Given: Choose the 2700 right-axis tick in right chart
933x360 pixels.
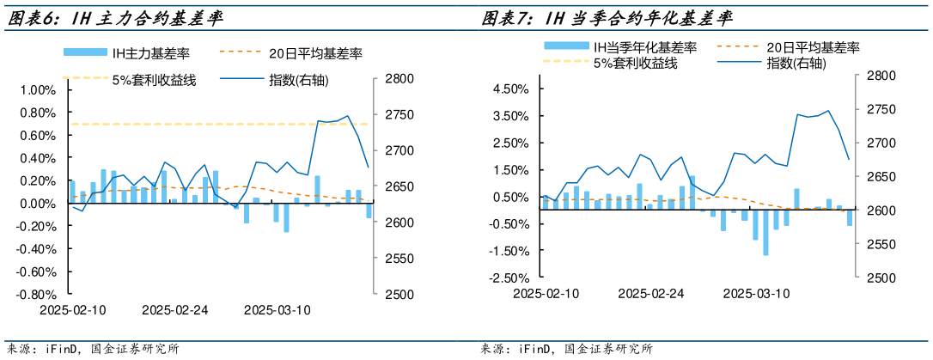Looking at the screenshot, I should (x=869, y=143).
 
